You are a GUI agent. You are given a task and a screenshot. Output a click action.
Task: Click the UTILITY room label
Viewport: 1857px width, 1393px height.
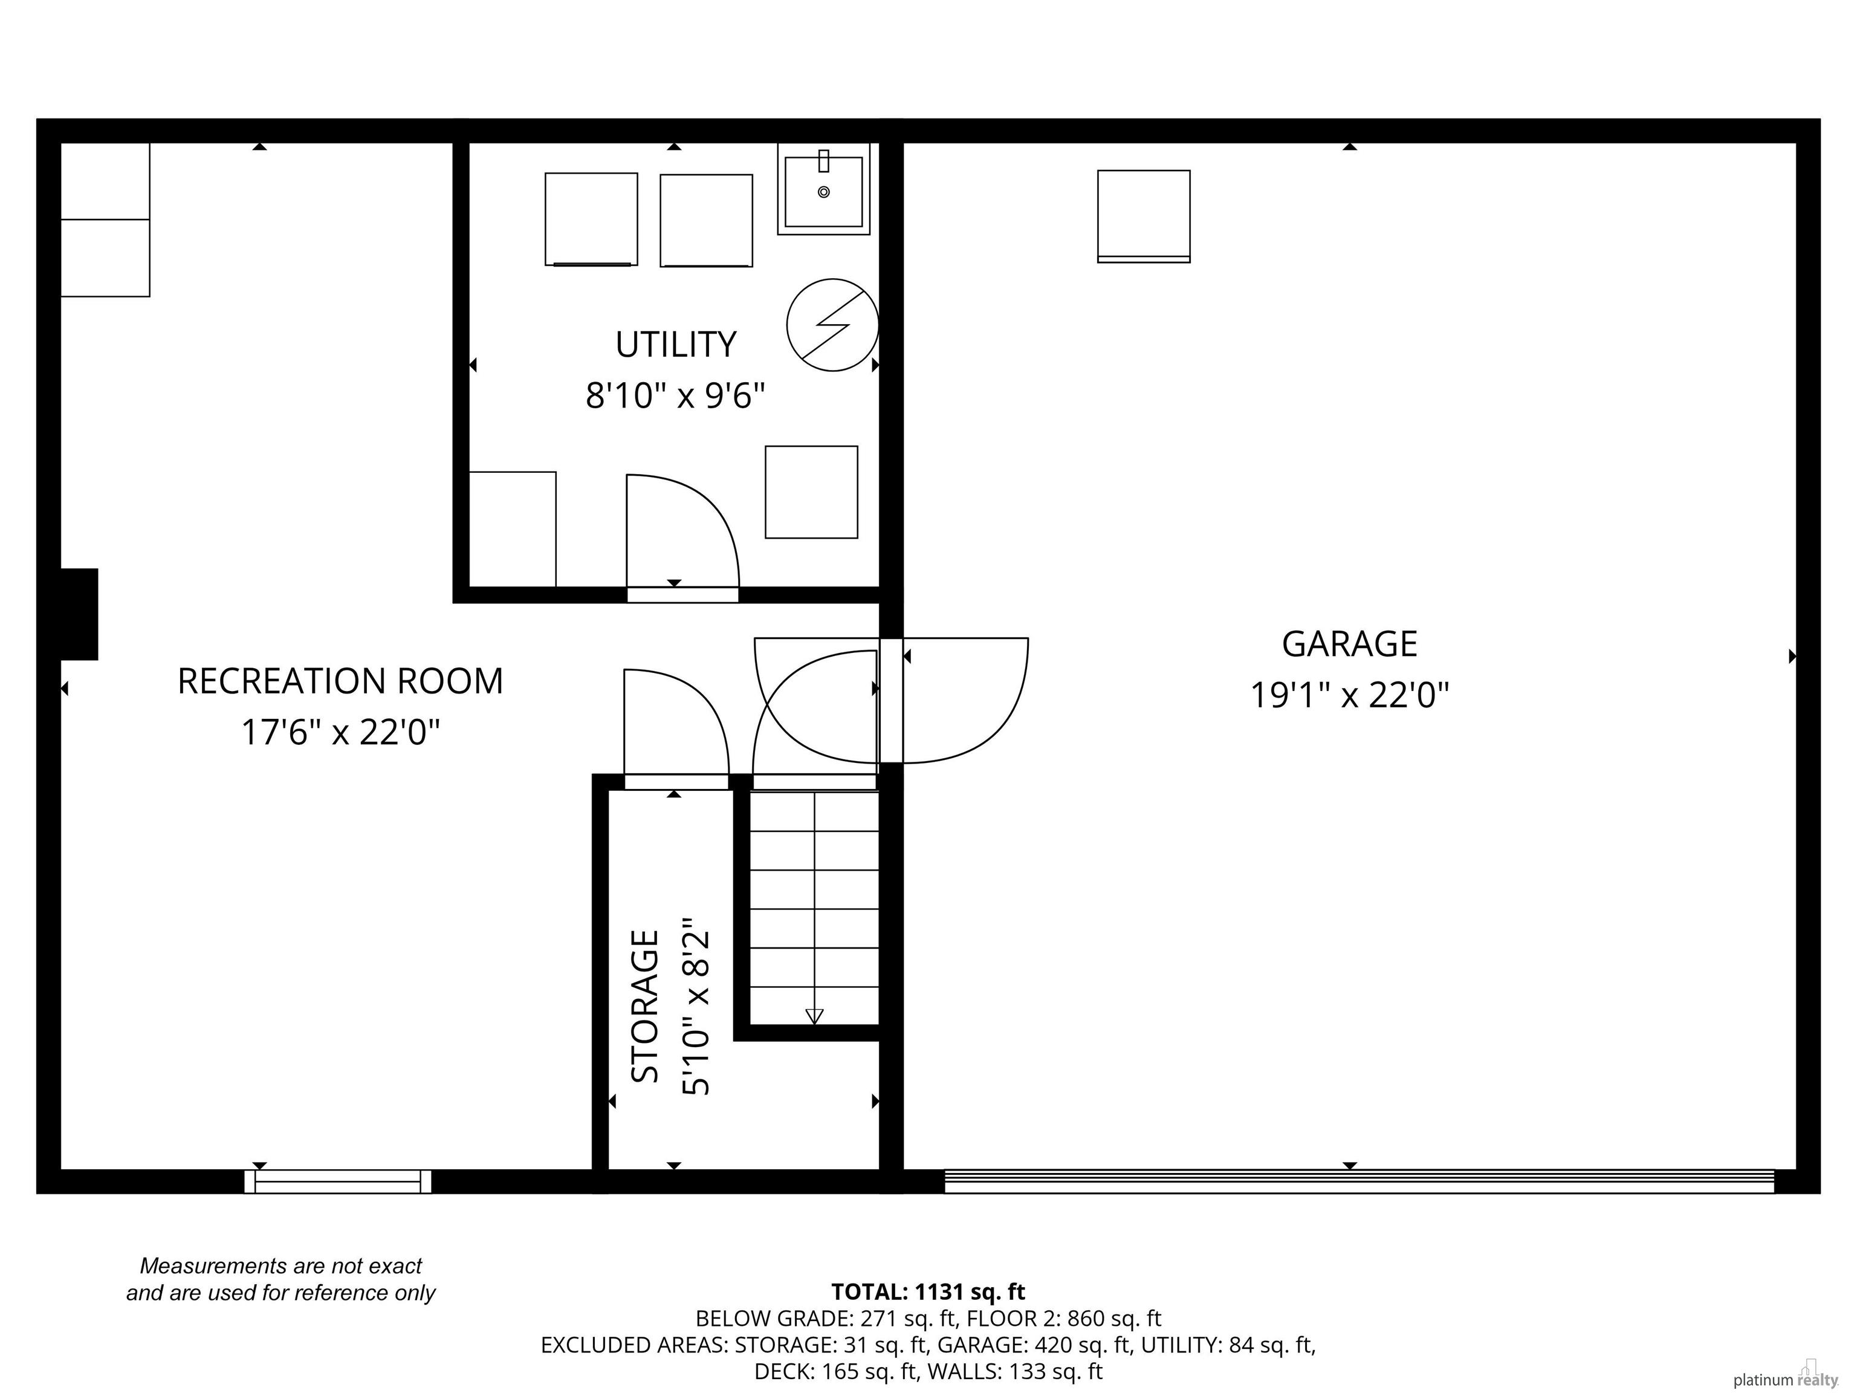[676, 344]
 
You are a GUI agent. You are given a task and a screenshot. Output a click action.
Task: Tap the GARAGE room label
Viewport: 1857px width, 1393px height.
[1349, 644]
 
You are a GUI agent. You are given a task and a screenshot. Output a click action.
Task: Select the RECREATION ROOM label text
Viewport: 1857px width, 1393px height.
[340, 681]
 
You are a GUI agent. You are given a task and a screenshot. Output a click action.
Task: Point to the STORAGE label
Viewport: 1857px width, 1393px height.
[645, 1006]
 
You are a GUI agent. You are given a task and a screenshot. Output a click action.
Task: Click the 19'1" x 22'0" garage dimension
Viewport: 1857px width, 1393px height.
[1350, 695]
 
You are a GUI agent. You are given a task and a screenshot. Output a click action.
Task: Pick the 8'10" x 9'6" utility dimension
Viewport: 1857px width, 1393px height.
[676, 395]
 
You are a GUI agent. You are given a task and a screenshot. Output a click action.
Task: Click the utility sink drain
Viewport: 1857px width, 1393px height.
[823, 192]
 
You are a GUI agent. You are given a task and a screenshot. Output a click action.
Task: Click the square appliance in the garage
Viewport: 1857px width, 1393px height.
[1144, 216]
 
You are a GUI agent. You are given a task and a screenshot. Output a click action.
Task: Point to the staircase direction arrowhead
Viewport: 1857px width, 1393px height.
[814, 1016]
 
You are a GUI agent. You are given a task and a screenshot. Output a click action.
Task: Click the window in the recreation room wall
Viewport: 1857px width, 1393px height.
[337, 1181]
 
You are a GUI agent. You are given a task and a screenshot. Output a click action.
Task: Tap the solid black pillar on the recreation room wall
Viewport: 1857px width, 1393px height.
[79, 614]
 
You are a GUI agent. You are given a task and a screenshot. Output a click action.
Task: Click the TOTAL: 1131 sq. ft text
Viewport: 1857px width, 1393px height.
[928, 1291]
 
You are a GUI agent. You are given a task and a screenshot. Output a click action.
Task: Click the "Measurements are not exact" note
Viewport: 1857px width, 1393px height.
[280, 1265]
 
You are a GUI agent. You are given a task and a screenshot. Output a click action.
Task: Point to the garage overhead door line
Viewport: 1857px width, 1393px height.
[1359, 1181]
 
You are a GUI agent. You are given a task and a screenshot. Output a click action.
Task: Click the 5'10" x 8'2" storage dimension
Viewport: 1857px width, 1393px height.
[697, 1006]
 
